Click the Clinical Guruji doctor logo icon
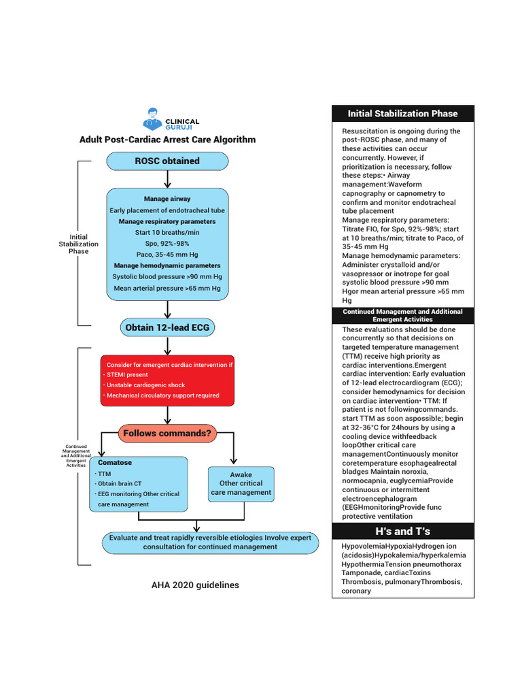[153, 118]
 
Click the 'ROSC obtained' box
[167, 161]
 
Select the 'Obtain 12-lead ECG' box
[167, 327]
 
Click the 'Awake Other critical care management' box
[241, 483]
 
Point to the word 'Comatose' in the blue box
[115, 463]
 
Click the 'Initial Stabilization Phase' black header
[402, 114]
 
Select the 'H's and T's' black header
[402, 532]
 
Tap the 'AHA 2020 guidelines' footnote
[196, 585]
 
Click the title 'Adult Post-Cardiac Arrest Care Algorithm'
[167, 140]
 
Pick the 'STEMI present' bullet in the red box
[128, 374]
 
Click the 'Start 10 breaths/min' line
[167, 232]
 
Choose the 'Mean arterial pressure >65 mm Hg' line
[167, 288]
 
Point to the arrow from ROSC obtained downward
[167, 178]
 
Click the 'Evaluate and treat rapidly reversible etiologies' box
[210, 542]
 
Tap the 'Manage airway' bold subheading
[167, 199]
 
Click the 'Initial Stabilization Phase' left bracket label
[79, 244]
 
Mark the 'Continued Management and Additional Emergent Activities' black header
[402, 315]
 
